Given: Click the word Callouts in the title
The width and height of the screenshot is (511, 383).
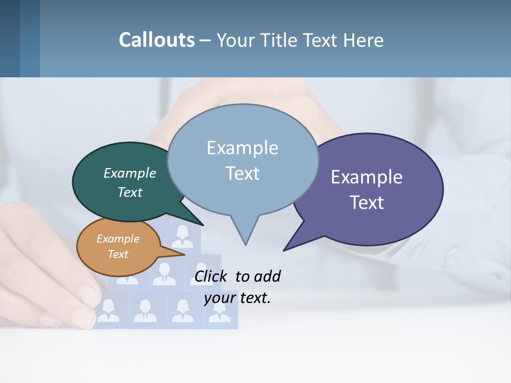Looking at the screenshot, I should pos(156,40).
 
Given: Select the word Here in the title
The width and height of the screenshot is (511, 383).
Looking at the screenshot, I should pos(363,40).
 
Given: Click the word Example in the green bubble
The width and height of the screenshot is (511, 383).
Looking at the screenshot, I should pos(130,173).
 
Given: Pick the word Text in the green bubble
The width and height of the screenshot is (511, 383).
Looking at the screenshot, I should pos(130,192).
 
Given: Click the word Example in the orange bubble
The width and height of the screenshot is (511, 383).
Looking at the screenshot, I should pos(118,239).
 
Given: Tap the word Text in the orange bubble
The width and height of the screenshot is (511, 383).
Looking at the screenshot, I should pos(118,254).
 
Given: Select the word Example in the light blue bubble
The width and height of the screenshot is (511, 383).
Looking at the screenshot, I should pos(242,148).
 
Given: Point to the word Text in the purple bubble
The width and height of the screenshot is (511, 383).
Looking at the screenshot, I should pos(366,202).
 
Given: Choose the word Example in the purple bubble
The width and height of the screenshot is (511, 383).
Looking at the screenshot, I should pos(366,177).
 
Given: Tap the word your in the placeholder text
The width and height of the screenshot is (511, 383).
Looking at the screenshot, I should pos(219,298).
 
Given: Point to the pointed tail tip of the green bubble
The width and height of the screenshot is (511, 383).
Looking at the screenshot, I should pos(203,225).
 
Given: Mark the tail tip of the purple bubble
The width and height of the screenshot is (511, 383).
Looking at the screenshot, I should pos(284,250).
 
